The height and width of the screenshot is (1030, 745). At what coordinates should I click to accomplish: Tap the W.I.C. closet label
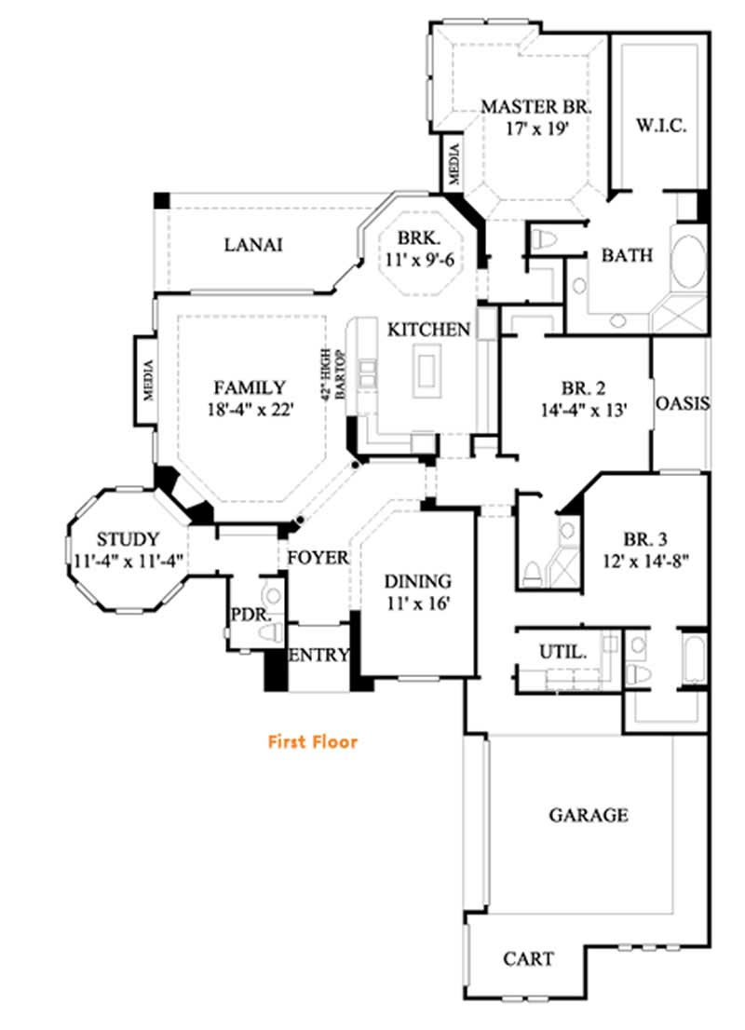click(x=661, y=126)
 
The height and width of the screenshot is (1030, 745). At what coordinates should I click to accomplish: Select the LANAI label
click(x=253, y=245)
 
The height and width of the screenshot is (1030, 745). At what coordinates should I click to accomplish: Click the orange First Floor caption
click(x=313, y=742)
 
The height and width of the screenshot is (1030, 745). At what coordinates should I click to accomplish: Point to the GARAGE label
click(x=588, y=816)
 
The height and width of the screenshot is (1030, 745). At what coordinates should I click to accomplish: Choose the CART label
click(x=528, y=958)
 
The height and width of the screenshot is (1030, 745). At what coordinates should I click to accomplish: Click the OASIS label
click(x=683, y=404)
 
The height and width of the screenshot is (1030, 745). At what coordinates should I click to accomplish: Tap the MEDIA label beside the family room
click(x=146, y=379)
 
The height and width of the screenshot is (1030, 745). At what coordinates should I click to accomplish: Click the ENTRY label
click(x=318, y=655)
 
